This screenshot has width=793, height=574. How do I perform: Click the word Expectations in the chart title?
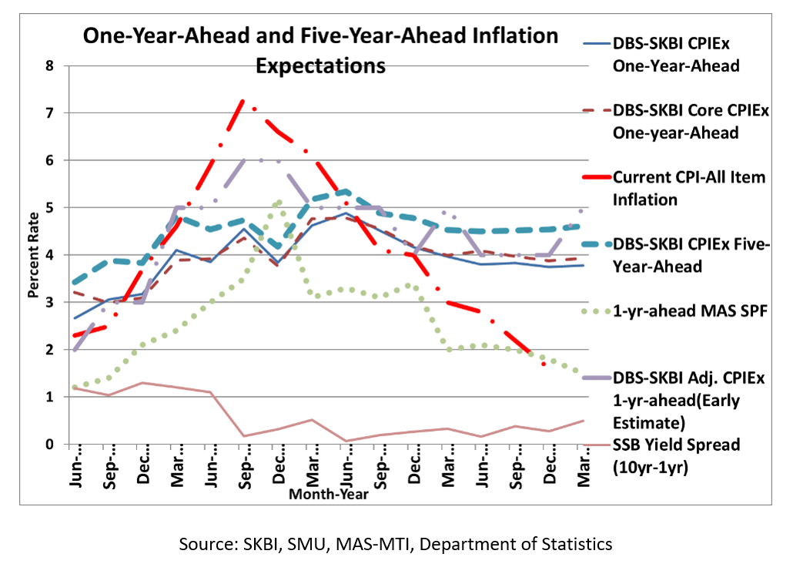(320, 66)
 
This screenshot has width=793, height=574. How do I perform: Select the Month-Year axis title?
(328, 495)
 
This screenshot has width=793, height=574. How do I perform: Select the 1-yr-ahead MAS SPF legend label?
(681, 310)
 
